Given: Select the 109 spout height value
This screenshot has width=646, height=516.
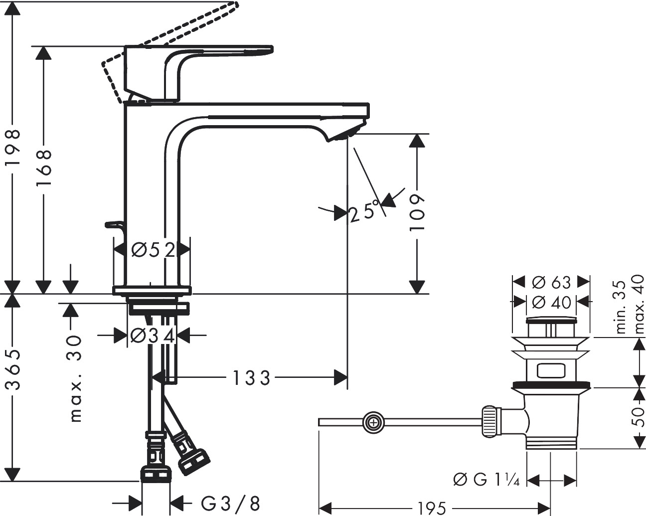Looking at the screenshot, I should [x=417, y=212].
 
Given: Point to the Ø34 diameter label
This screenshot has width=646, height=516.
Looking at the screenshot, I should [x=153, y=336].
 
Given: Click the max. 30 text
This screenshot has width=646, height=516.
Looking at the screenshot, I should [x=75, y=377].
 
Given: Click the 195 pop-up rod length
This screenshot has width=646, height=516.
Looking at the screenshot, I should [x=431, y=509].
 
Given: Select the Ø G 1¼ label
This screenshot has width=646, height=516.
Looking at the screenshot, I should [x=486, y=480].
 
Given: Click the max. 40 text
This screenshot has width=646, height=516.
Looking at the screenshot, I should [x=639, y=307].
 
